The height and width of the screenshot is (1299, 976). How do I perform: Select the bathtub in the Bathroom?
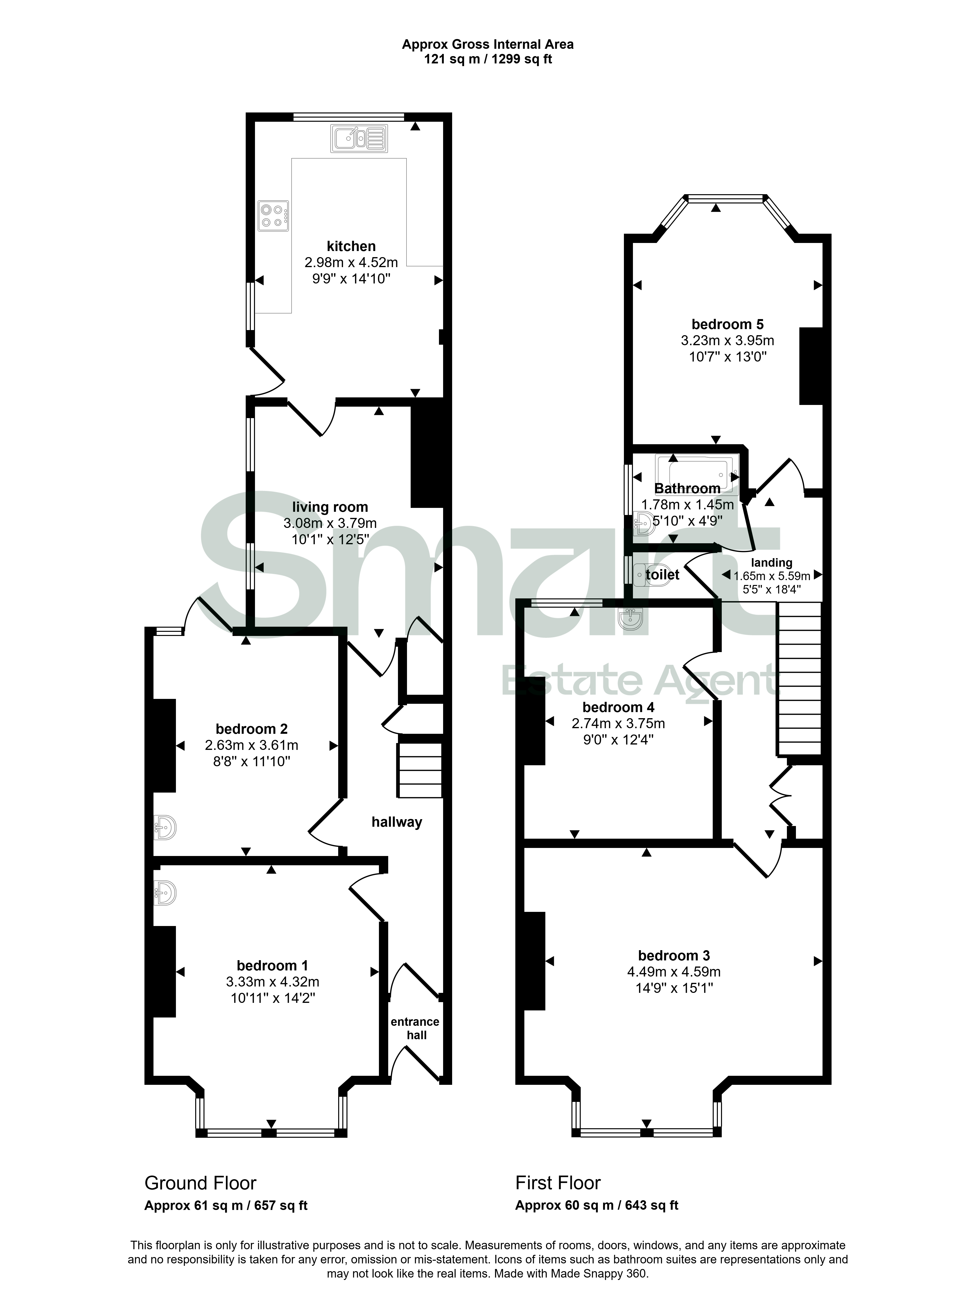[696, 473]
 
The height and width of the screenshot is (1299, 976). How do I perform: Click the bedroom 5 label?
[728, 324]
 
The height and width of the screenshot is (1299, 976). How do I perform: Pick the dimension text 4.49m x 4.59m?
[674, 972]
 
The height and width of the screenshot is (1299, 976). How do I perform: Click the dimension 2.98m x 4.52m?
[351, 262]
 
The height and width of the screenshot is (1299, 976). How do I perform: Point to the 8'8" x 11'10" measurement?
[252, 762]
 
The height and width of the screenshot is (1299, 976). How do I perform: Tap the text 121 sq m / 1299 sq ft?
[488, 59]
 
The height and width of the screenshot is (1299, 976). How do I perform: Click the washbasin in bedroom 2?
[164, 827]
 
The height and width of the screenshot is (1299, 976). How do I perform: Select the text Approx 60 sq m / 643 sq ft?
[597, 1206]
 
